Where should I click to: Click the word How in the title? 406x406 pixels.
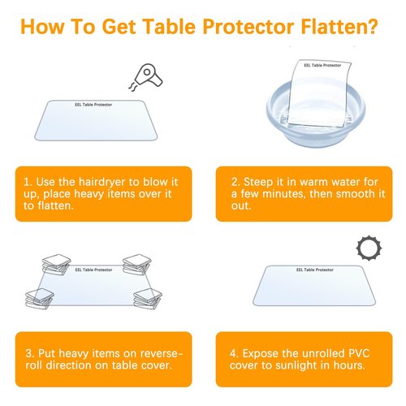tap(44, 27)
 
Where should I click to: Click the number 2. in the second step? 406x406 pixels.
tap(235, 181)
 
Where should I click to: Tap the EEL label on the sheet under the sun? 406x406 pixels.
tap(311, 270)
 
